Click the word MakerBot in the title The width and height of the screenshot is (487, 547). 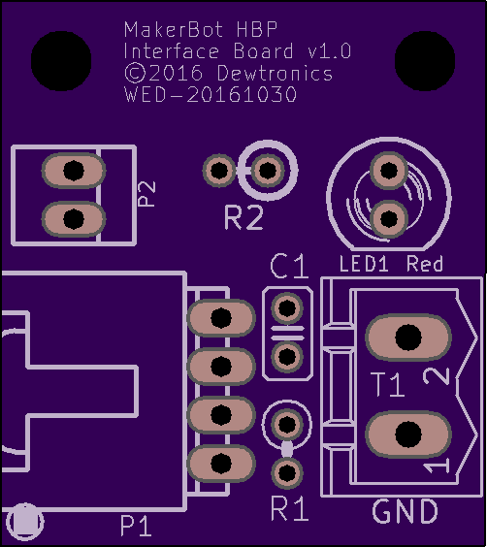pyautogui.click(x=174, y=30)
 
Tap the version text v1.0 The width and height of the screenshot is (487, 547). pyautogui.click(x=330, y=51)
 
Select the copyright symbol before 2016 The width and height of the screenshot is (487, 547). pyautogui.click(x=135, y=73)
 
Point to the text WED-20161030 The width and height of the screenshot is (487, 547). pyautogui.click(x=211, y=94)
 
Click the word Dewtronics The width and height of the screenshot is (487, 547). pyautogui.click(x=275, y=73)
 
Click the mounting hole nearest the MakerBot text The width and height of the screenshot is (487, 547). pyautogui.click(x=61, y=61)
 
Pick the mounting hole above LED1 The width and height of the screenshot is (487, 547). pyautogui.click(x=425, y=61)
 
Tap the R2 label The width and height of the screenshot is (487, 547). pyautogui.click(x=243, y=217)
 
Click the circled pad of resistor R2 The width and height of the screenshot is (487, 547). pyautogui.click(x=268, y=171)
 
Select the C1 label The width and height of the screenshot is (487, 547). pyautogui.click(x=289, y=266)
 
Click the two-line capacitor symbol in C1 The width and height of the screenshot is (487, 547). pyautogui.click(x=287, y=334)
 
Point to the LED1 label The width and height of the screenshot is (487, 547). pyautogui.click(x=364, y=264)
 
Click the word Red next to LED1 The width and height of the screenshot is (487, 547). pyautogui.click(x=425, y=264)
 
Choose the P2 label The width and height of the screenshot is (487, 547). pyautogui.click(x=146, y=194)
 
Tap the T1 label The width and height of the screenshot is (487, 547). pyautogui.click(x=388, y=384)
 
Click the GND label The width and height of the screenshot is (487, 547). pyautogui.click(x=405, y=511)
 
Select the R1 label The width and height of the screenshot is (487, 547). pyautogui.click(x=289, y=508)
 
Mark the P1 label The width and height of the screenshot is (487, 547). pyautogui.click(x=136, y=526)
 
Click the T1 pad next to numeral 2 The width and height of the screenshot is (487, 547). pyautogui.click(x=408, y=338)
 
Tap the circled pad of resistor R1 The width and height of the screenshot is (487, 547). pyautogui.click(x=287, y=424)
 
